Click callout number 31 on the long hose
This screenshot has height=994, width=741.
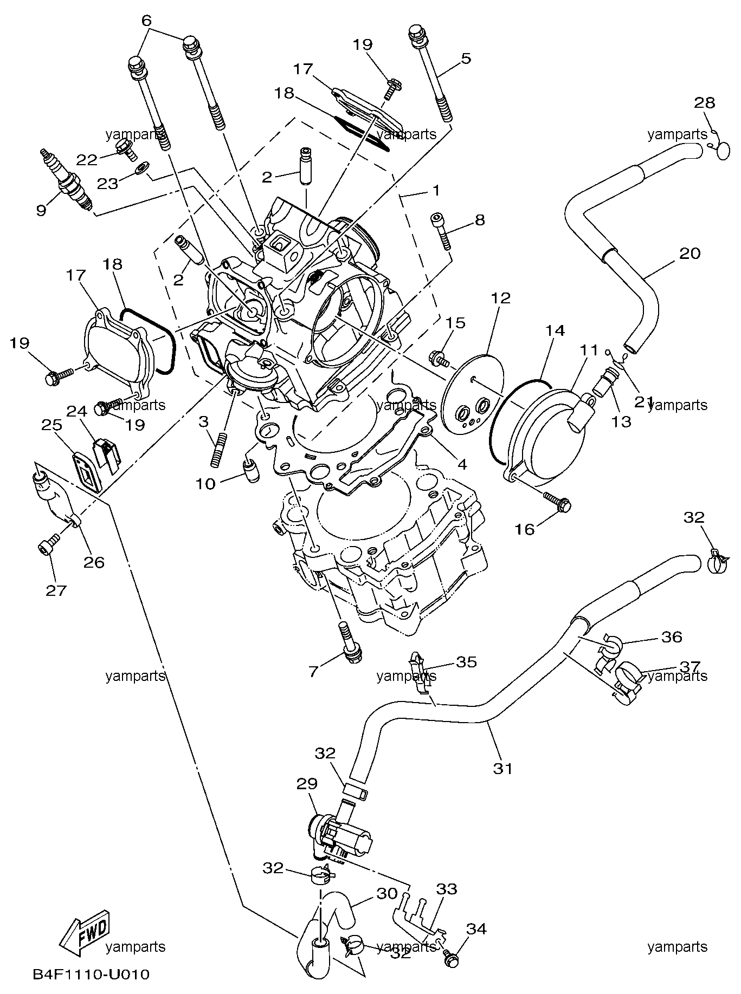pos(502,768)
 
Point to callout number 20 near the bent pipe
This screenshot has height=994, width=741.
pos(690,253)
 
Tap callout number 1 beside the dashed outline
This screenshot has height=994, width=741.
pos(435,191)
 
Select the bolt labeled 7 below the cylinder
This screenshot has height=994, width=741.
pos(347,642)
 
